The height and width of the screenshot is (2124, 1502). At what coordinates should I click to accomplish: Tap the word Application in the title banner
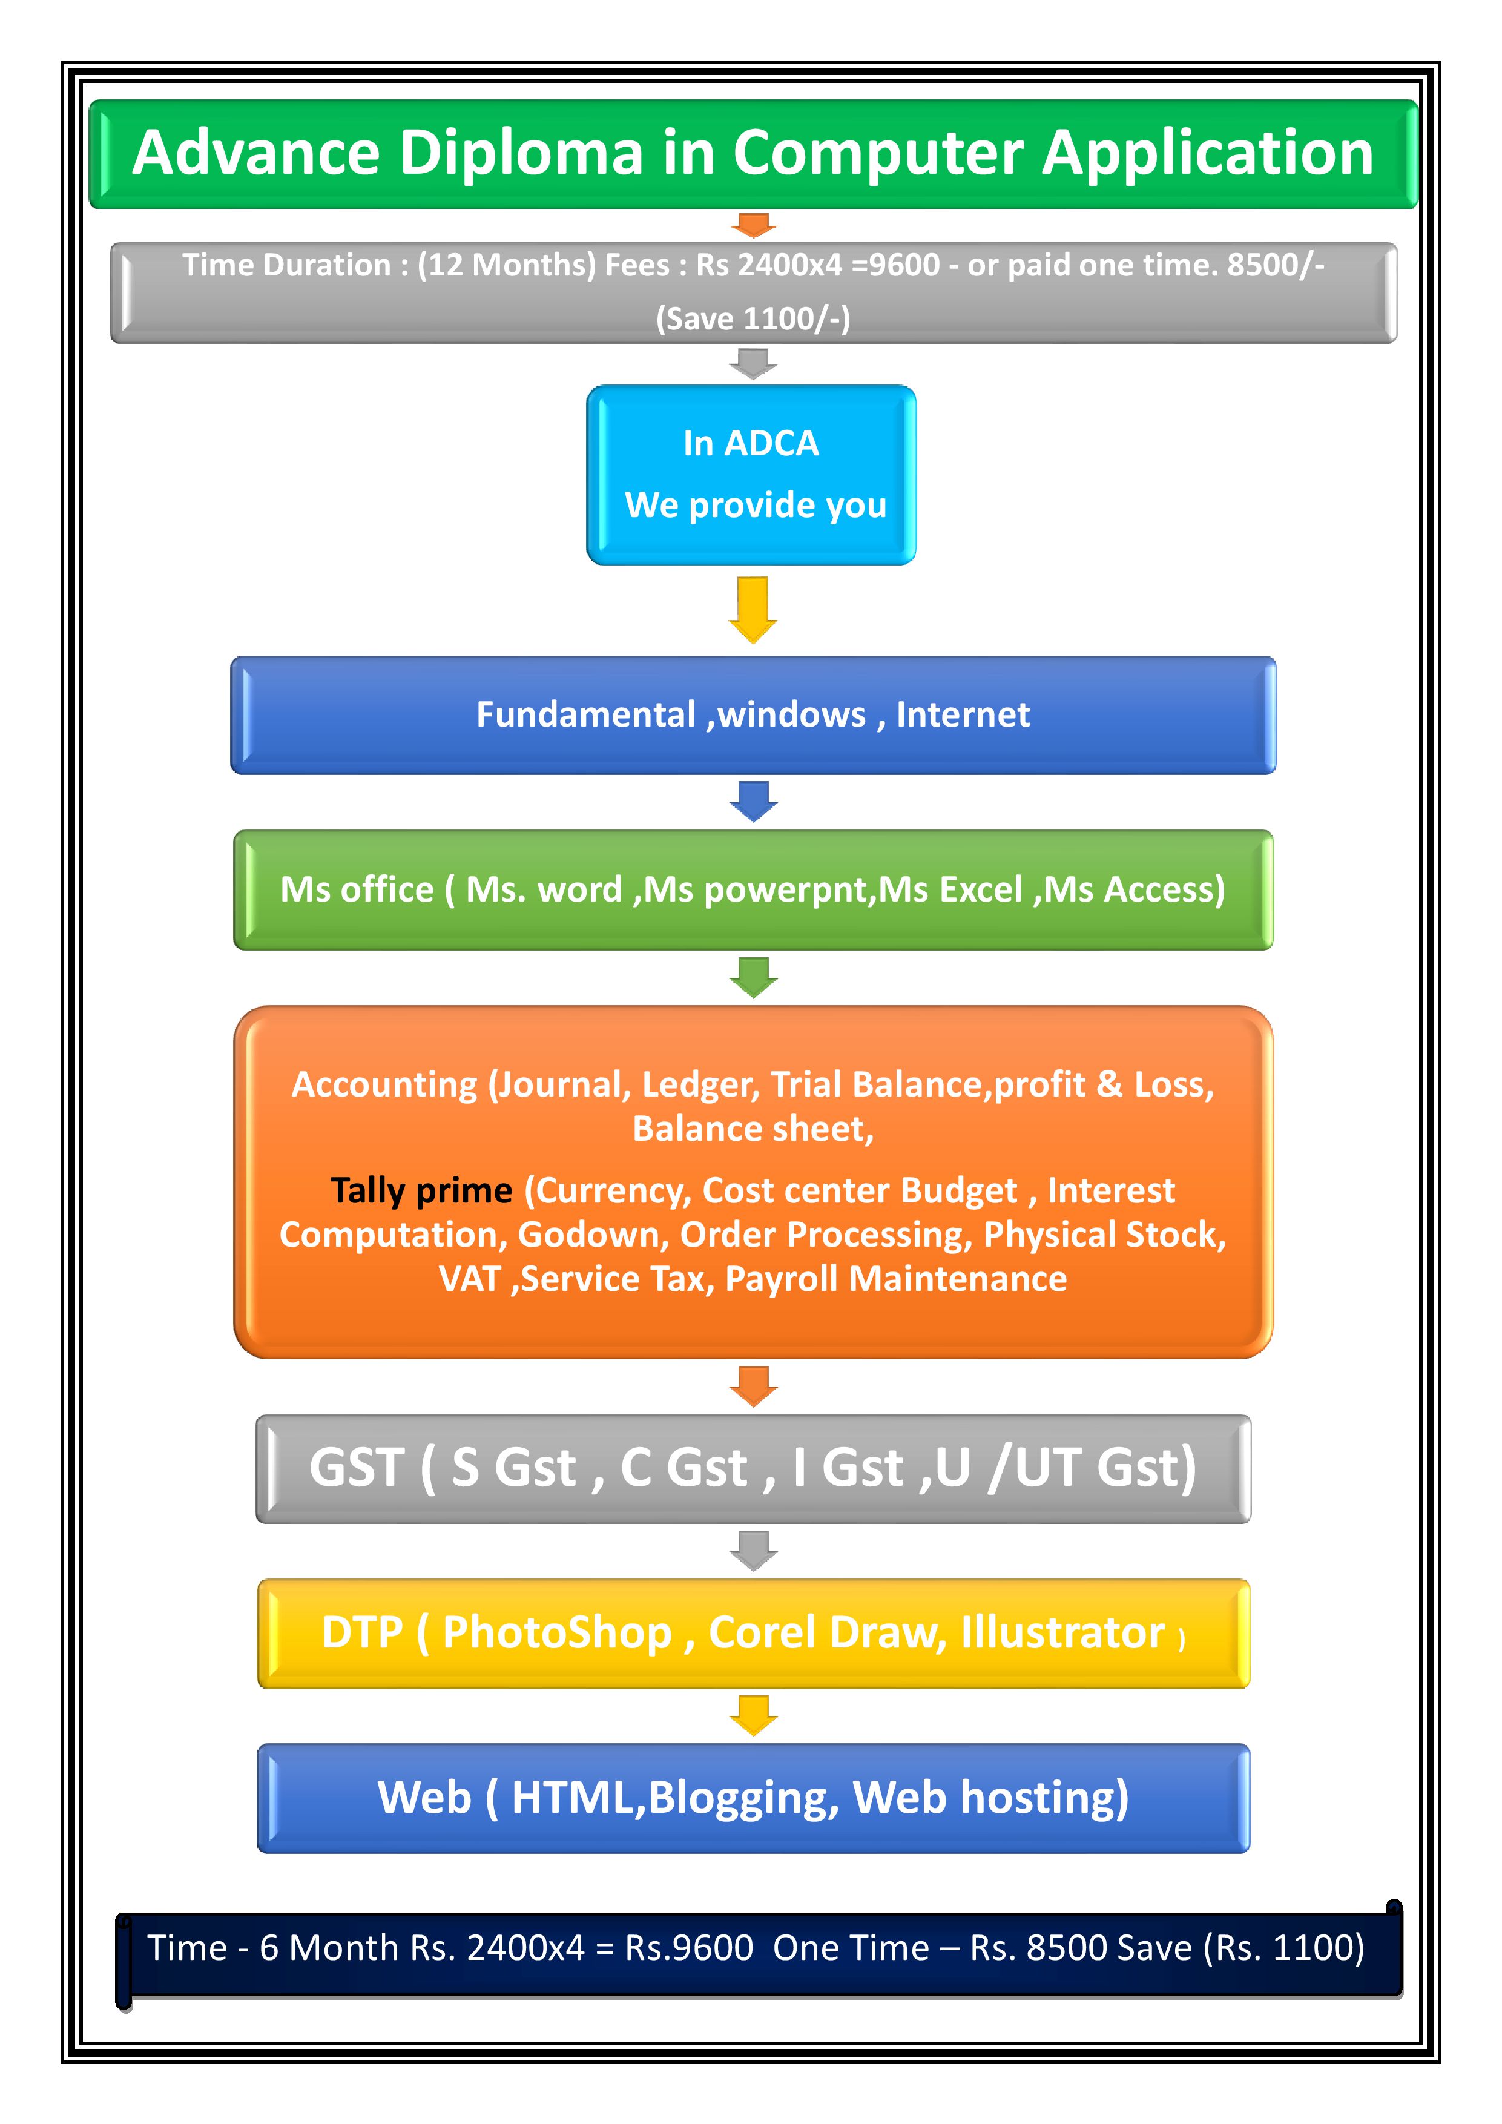pos(1208,154)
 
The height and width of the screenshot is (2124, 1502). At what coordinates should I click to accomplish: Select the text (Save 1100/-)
pos(753,319)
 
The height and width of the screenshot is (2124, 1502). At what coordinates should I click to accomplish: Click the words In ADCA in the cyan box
pos(751,444)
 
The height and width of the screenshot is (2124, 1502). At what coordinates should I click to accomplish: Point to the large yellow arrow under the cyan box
pos(753,610)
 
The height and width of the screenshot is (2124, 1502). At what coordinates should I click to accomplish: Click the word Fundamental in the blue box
pos(585,715)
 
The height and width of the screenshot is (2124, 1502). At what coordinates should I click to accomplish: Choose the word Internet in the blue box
pos(963,715)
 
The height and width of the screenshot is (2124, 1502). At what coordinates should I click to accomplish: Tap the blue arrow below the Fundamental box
pos(753,801)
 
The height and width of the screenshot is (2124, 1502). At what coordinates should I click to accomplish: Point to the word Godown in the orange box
pos(592,1236)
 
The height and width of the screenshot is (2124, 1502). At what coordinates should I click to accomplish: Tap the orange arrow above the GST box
pos(753,1386)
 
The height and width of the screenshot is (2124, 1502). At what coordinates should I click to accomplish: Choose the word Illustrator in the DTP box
pos(1062,1633)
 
